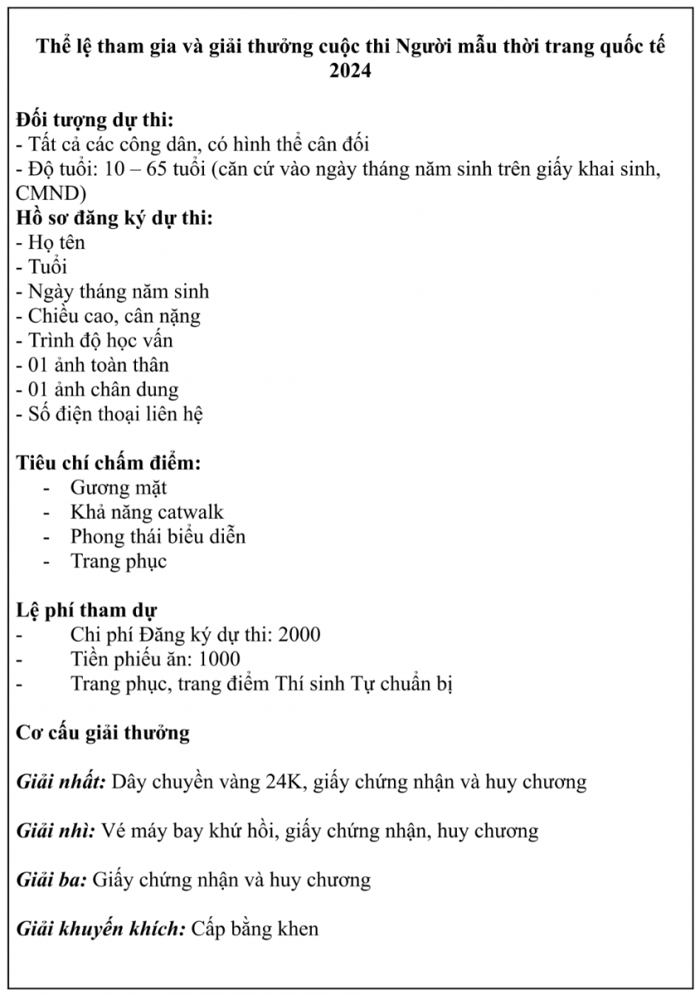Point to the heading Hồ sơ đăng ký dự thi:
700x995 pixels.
click(x=114, y=218)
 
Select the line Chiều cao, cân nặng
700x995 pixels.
click(x=109, y=316)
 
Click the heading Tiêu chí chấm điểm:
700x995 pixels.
click(x=109, y=463)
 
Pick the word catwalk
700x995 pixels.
click(x=191, y=512)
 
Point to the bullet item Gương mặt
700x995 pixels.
click(x=119, y=488)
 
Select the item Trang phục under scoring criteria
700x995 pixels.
click(x=119, y=561)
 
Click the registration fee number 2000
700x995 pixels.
click(x=300, y=634)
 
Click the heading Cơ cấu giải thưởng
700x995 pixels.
click(x=104, y=733)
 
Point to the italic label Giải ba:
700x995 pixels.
click(x=51, y=879)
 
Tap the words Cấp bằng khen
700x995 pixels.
click(x=255, y=928)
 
